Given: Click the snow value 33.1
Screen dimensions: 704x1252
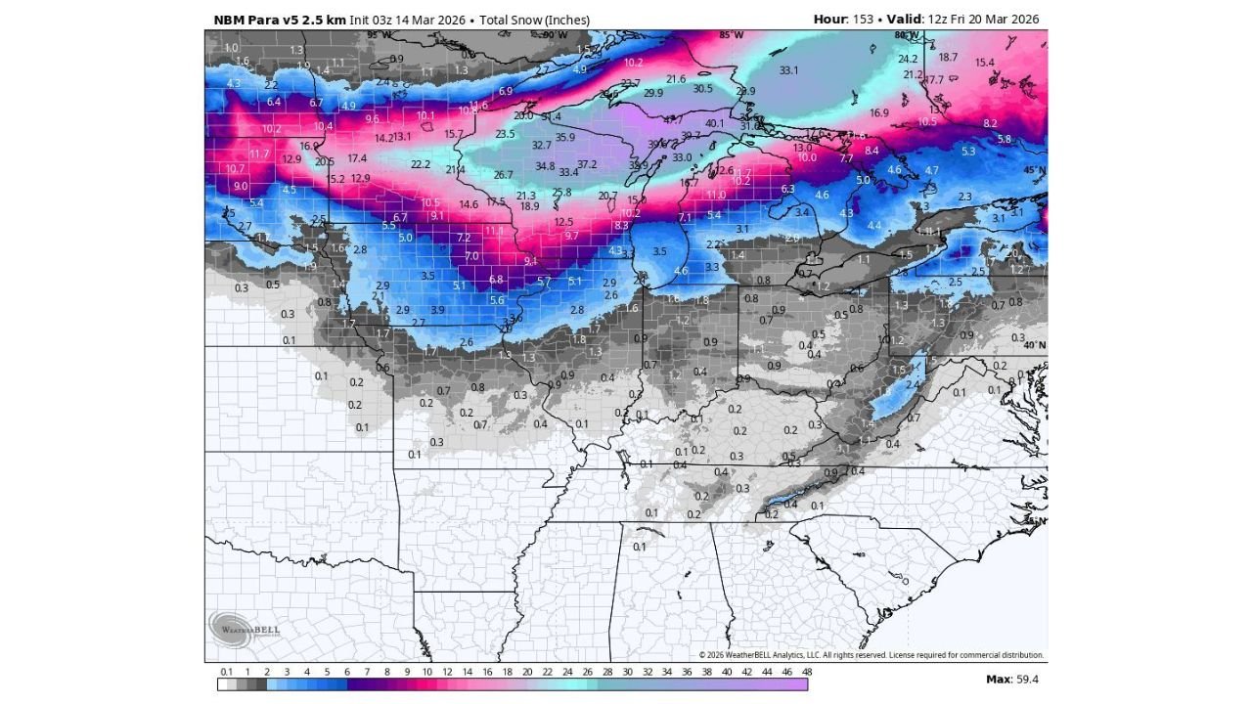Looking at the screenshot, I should [x=788, y=70].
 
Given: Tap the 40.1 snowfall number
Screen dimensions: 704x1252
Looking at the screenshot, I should [x=714, y=123].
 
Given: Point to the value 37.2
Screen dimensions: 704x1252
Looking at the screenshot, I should [x=587, y=164].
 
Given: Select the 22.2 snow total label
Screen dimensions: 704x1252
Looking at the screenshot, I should [x=421, y=164].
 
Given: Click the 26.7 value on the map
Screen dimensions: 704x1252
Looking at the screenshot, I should [x=503, y=175].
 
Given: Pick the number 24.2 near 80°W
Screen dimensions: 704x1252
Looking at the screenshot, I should [x=908, y=59].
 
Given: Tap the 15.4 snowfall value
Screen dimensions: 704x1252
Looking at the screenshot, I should [x=984, y=63].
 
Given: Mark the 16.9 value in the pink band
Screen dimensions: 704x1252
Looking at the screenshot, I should [x=878, y=113].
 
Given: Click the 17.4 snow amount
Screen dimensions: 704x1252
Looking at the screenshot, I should [x=357, y=158].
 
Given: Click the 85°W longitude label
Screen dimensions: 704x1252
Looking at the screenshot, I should [x=731, y=35].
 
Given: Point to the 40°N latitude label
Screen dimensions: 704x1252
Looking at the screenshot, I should [x=1034, y=345].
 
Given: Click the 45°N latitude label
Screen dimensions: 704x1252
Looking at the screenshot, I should [x=1034, y=170].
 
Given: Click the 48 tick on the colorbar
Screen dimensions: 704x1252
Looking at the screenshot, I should [x=807, y=672].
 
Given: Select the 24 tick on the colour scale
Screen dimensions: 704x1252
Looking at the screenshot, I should [x=566, y=672].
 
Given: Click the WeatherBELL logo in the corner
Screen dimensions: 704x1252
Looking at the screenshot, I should [x=243, y=626].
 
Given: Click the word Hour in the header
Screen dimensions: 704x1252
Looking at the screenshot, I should [x=829, y=20].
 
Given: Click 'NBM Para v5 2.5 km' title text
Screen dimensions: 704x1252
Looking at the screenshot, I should [x=279, y=20].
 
